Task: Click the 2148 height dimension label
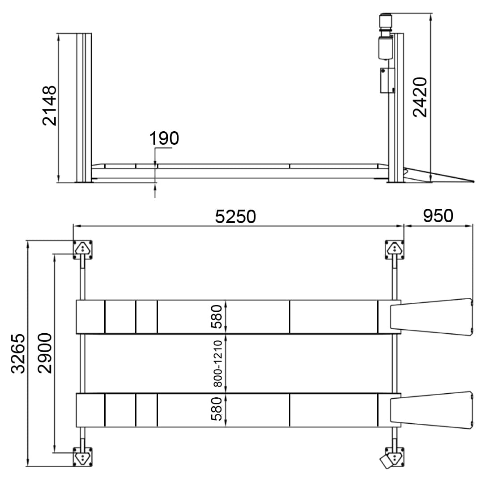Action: click(50, 106)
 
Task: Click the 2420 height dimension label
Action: click(420, 97)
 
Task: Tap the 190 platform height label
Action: click(164, 138)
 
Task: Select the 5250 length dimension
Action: click(235, 216)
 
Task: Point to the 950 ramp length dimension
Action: click(438, 215)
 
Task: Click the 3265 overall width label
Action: click(18, 353)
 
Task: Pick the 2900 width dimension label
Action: click(45, 353)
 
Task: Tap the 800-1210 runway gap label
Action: click(218, 364)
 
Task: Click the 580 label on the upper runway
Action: click(217, 316)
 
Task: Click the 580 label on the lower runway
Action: click(217, 409)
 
